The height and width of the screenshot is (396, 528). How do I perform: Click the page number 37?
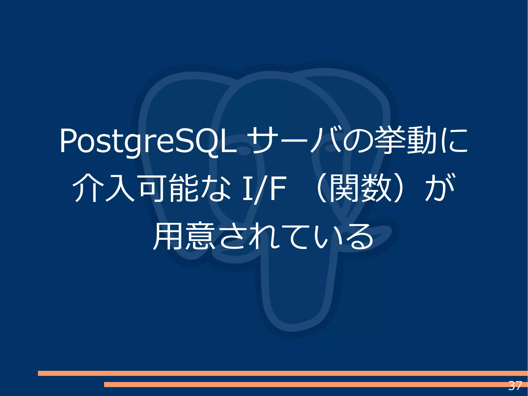(x=515, y=386)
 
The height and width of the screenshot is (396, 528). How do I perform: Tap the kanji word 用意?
(x=184, y=236)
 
